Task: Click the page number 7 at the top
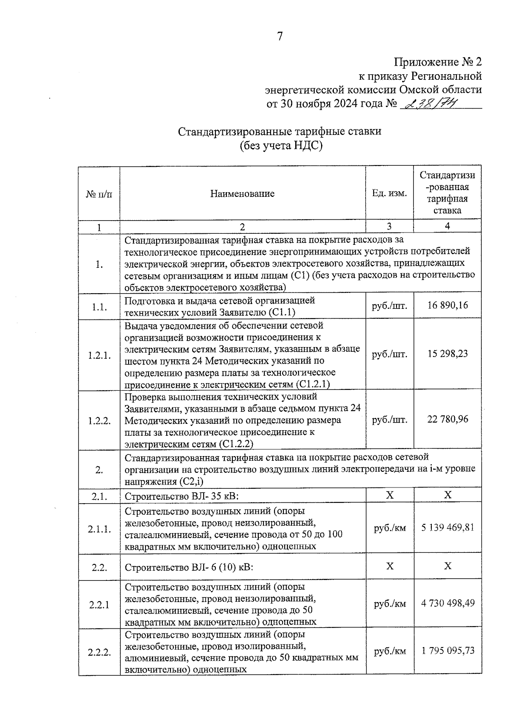pyautogui.click(x=280, y=36)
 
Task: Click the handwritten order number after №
pyautogui.click(x=428, y=103)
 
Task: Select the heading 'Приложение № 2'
pyautogui.click(x=438, y=62)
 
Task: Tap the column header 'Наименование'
pyautogui.click(x=242, y=194)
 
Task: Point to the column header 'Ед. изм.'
pyautogui.click(x=389, y=193)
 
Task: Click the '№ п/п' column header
pyautogui.click(x=99, y=194)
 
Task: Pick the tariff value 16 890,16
pyautogui.click(x=447, y=305)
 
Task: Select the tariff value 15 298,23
pyautogui.click(x=447, y=354)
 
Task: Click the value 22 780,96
pyautogui.click(x=447, y=420)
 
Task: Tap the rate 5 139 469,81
pyautogui.click(x=447, y=528)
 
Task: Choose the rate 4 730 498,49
pyautogui.click(x=447, y=603)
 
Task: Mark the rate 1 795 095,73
pyautogui.click(x=447, y=651)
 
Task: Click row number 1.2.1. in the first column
pyautogui.click(x=99, y=356)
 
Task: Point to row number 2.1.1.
pyautogui.click(x=99, y=529)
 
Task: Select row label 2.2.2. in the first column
pyautogui.click(x=99, y=653)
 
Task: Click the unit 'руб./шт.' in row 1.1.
pyautogui.click(x=389, y=305)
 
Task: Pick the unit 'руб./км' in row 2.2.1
pyautogui.click(x=389, y=604)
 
